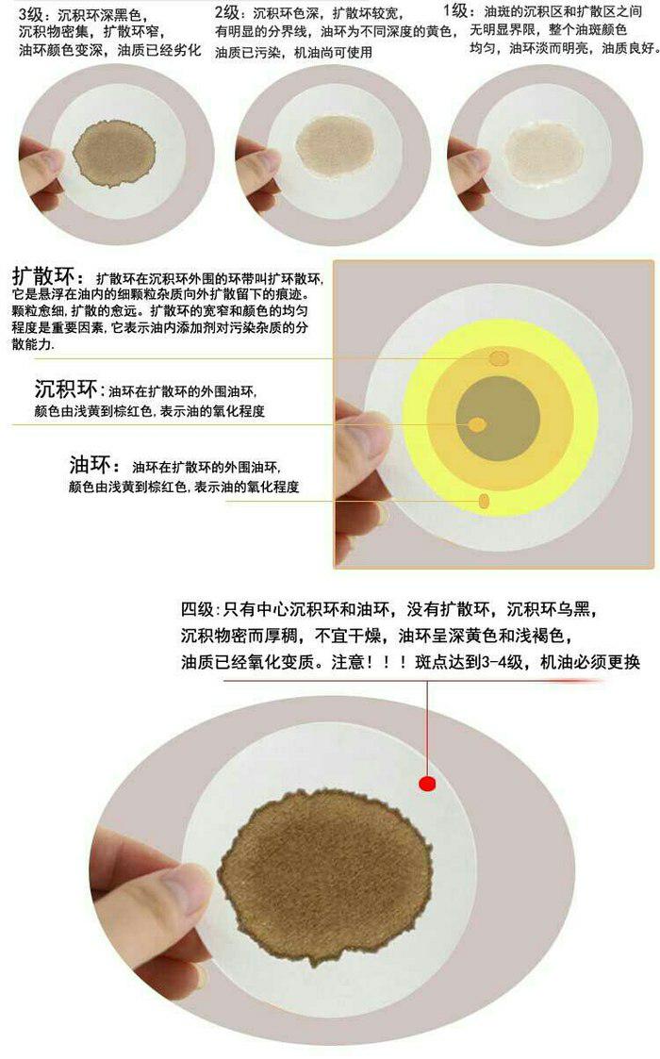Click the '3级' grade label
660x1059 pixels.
30,14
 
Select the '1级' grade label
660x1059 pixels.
454,12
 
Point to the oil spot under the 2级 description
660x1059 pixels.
335,145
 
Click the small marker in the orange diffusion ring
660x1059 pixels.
498,357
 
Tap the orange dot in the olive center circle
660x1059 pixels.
478,424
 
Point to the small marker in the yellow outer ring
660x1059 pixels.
485,501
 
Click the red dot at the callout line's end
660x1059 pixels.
427,784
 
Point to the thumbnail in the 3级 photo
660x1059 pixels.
48,161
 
